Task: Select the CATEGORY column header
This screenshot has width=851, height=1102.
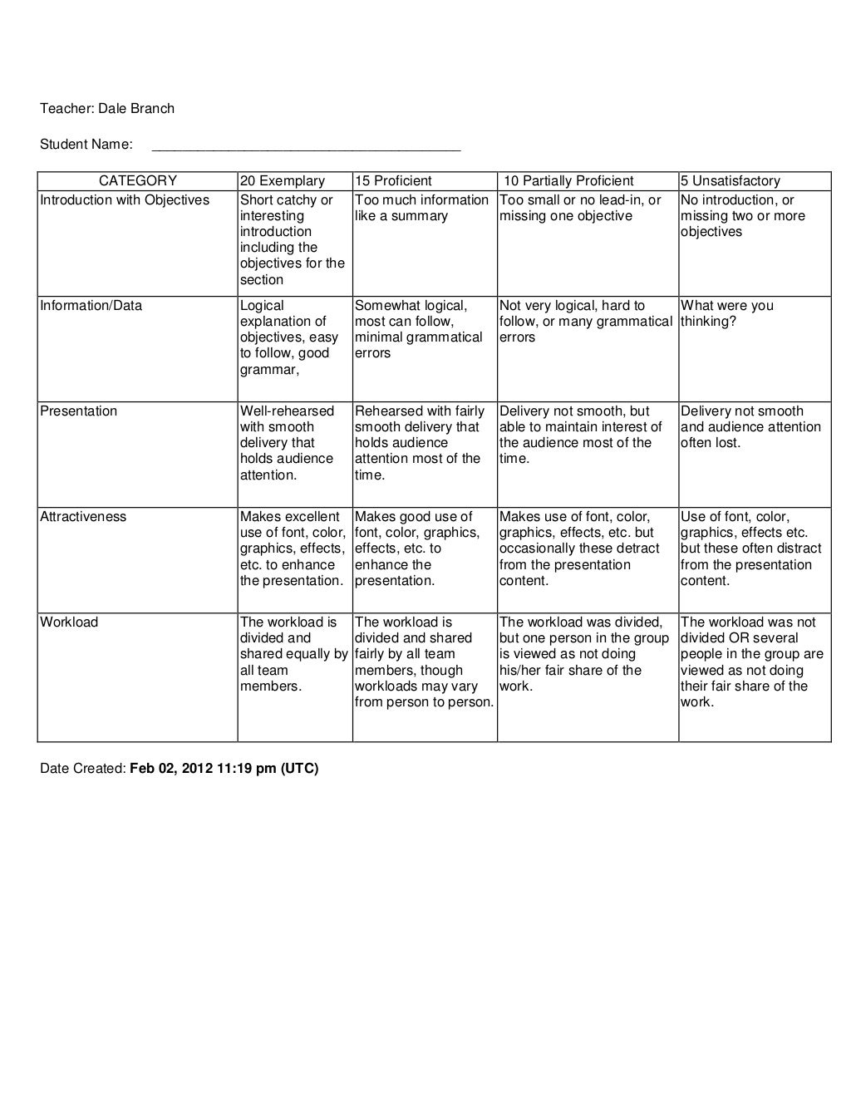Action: tap(138, 181)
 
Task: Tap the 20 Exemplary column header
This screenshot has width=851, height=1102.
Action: tap(282, 181)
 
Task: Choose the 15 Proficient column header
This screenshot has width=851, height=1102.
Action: tap(393, 181)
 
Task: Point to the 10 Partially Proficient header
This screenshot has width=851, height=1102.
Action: tap(568, 181)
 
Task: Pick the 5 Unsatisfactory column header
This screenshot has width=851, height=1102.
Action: tap(730, 181)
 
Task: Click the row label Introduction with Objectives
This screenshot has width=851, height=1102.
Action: tap(125, 200)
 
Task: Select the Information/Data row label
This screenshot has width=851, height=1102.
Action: tap(91, 306)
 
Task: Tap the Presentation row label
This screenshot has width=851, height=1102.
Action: tap(79, 411)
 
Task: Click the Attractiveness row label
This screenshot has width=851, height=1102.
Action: tap(83, 517)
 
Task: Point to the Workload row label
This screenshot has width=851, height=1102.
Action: tap(69, 622)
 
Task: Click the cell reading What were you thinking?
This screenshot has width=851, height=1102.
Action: tap(726, 313)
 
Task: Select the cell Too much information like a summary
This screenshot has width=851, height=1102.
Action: tap(421, 208)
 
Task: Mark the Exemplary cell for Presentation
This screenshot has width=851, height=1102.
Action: tap(287, 443)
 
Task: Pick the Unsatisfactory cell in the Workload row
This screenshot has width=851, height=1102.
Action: tap(751, 662)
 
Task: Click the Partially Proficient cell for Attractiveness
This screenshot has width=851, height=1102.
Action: tap(579, 549)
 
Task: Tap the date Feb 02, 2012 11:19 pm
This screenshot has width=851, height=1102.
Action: tap(224, 769)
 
